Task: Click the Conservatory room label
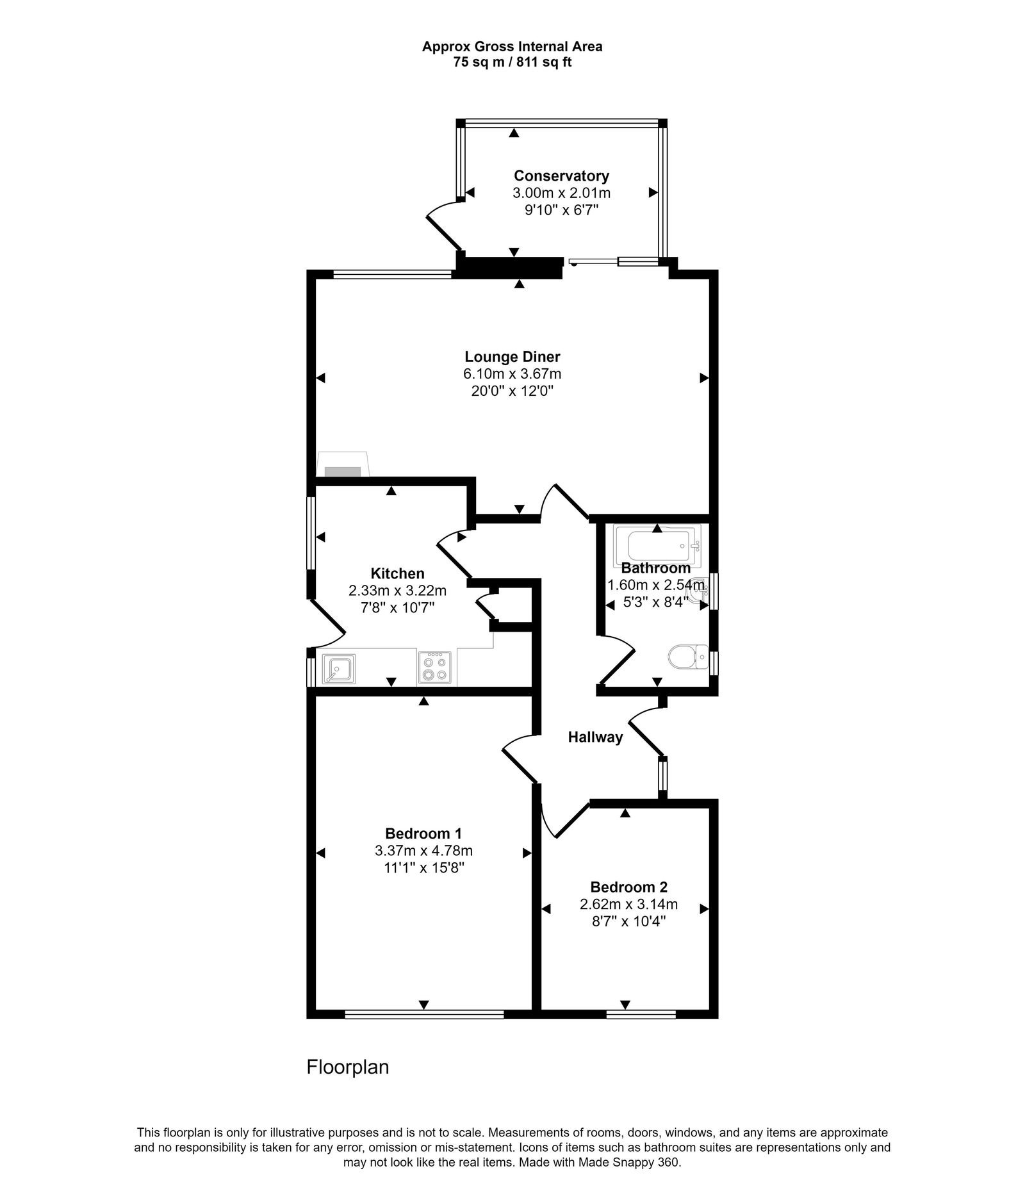(x=561, y=176)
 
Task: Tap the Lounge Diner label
(x=512, y=357)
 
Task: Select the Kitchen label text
(x=397, y=573)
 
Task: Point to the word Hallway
(x=595, y=737)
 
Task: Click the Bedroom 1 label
(x=423, y=833)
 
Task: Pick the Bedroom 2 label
(x=628, y=887)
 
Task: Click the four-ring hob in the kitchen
(x=435, y=668)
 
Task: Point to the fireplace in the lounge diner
(x=343, y=466)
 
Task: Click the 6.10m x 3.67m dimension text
(x=512, y=374)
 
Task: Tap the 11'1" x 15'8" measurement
(x=423, y=868)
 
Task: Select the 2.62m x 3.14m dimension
(x=628, y=905)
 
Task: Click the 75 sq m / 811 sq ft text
(x=512, y=63)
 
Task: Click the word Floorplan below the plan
(x=348, y=1067)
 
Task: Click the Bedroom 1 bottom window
(x=423, y=1014)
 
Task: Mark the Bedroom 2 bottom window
(x=641, y=1014)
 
